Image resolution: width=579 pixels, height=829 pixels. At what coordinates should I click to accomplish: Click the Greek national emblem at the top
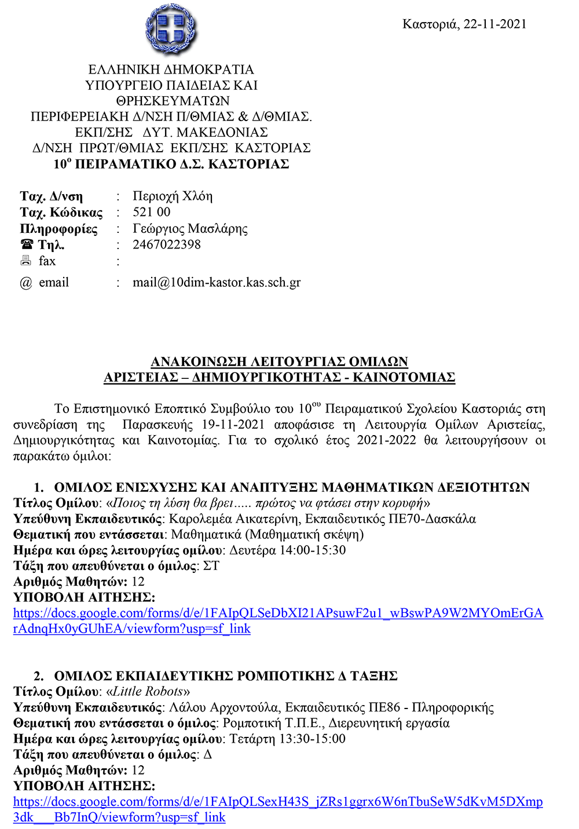(x=171, y=29)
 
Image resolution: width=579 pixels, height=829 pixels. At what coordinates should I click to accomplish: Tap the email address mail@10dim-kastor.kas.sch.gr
(x=217, y=283)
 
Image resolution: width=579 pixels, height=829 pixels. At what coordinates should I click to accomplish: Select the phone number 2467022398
(x=167, y=244)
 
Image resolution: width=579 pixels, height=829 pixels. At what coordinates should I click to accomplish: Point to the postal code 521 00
(x=152, y=212)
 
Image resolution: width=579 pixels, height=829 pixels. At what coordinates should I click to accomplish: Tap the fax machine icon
(x=26, y=261)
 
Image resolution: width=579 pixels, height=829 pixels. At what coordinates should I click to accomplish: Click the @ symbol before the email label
(x=26, y=283)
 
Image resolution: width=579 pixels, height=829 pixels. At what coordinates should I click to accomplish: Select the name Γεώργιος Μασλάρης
(x=190, y=228)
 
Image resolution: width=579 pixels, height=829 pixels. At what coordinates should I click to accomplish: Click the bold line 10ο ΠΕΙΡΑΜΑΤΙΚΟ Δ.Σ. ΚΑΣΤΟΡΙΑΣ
(x=171, y=164)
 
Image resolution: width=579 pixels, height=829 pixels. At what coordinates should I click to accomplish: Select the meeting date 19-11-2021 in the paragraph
(x=233, y=425)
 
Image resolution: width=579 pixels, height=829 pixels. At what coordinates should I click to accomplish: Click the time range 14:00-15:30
(x=313, y=550)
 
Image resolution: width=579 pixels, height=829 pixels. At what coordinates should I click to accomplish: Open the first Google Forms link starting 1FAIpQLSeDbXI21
(x=278, y=613)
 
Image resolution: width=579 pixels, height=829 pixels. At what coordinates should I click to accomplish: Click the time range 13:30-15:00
(x=313, y=739)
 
